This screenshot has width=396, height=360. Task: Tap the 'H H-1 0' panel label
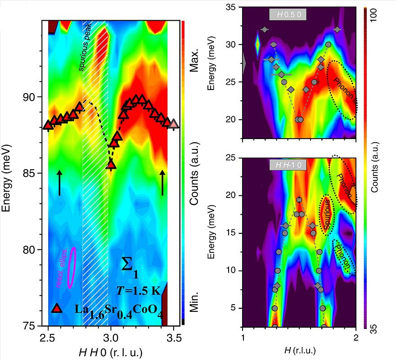coord(288,165)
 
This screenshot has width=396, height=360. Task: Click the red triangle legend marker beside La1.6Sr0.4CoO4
coord(56,308)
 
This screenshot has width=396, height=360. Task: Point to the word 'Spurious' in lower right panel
coord(328,215)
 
